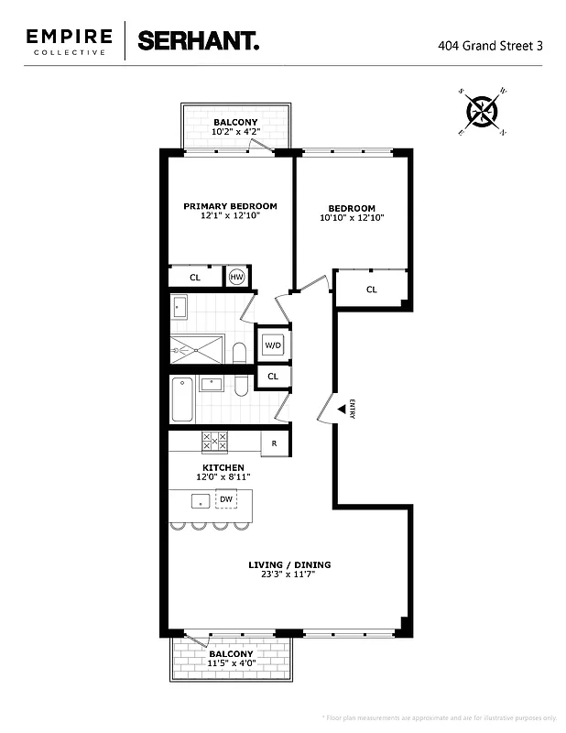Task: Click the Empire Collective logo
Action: click(69, 41)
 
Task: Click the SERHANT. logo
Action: click(198, 40)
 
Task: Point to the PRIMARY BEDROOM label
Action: click(230, 206)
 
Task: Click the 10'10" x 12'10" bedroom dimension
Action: click(352, 218)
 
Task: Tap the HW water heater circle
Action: click(237, 277)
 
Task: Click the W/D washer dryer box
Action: click(273, 345)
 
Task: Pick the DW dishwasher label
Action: click(226, 499)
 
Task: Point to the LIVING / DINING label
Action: click(289, 564)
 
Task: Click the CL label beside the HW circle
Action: click(195, 277)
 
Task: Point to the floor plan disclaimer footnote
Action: click(440, 717)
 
